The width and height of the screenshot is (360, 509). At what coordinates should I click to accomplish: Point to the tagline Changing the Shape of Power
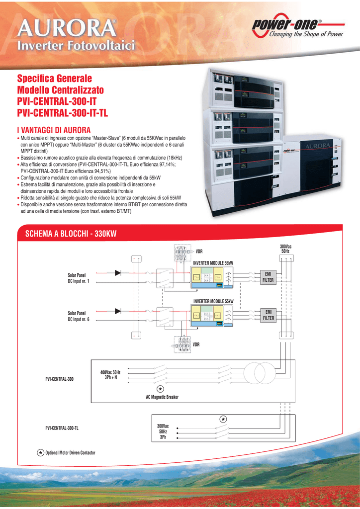click(306, 34)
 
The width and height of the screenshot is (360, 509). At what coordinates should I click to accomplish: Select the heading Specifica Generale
click(55, 79)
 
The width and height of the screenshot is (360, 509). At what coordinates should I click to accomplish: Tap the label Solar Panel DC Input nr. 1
click(79, 278)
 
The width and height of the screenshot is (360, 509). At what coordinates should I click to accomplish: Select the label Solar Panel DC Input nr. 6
click(79, 316)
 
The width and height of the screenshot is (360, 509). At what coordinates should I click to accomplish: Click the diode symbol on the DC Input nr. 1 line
click(118, 272)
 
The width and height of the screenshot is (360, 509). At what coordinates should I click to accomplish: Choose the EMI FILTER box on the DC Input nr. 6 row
click(268, 315)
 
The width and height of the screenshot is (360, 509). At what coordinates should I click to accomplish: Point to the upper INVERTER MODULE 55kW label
click(213, 262)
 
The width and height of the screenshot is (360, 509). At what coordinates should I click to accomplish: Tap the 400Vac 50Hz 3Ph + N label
click(110, 375)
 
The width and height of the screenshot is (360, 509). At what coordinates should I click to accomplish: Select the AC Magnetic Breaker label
click(162, 397)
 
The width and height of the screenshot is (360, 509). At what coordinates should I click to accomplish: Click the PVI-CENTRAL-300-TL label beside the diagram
click(62, 427)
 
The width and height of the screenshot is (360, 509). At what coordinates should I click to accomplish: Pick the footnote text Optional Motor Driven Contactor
click(70, 453)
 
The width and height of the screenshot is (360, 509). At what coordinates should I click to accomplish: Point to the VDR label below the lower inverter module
click(196, 344)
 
